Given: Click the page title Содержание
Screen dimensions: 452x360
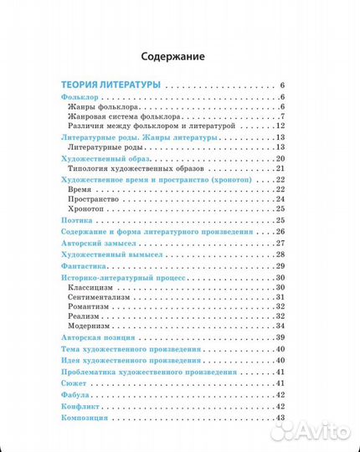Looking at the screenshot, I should (178, 57).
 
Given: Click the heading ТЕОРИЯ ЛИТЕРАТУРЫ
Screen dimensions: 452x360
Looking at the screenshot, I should (112, 85).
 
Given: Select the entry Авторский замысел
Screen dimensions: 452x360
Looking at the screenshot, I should (95, 242).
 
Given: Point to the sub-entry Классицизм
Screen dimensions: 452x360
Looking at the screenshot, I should (93, 288).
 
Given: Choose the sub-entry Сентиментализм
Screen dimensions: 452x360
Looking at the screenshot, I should (101, 297).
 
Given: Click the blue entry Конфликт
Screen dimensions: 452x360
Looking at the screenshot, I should (79, 405).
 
